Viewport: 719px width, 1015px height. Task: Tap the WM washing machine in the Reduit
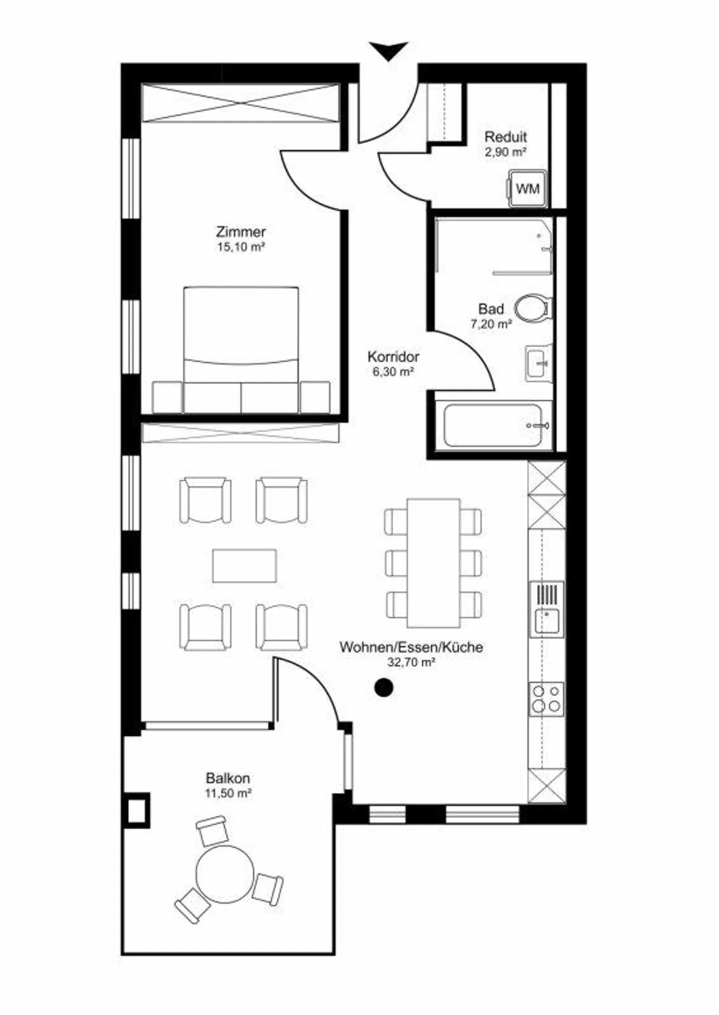point(527,189)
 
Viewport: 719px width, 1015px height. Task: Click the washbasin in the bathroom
point(539,363)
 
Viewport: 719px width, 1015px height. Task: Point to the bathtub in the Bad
point(493,425)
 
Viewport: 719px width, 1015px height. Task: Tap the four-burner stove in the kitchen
point(547,699)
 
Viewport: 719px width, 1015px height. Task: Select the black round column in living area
point(383,688)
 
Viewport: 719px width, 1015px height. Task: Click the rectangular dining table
point(433,563)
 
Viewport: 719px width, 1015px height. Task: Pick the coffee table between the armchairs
point(244,566)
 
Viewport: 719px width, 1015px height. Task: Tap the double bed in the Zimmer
point(241,349)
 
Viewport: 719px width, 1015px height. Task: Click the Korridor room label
point(393,357)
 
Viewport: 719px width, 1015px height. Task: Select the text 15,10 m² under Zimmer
point(241,247)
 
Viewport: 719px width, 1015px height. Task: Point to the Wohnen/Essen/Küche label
point(411,647)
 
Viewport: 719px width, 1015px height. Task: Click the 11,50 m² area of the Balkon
point(228,793)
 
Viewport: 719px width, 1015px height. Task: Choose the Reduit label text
point(506,136)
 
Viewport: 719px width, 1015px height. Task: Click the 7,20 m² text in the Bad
point(491,324)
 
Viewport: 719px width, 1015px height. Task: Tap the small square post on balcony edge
point(136,811)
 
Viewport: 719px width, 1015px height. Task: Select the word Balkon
point(228,778)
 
